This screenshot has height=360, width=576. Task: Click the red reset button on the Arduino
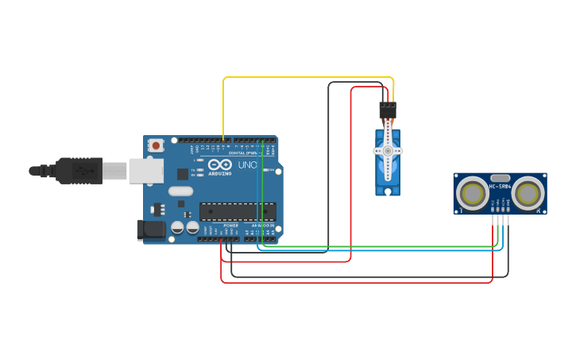(x=157, y=145)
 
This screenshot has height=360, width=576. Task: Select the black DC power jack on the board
(x=150, y=230)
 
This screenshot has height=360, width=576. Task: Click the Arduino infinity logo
(x=220, y=164)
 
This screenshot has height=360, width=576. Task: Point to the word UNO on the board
(x=247, y=165)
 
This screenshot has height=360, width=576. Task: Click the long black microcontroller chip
(x=238, y=211)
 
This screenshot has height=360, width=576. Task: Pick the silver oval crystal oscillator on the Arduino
(x=180, y=191)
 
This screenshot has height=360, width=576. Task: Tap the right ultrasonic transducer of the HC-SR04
(x=528, y=193)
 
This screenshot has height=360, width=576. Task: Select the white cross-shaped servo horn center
(x=388, y=150)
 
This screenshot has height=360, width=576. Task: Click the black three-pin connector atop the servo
(x=388, y=110)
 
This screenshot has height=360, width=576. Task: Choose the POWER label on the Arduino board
(x=230, y=225)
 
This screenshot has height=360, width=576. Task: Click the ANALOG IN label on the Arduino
(x=263, y=225)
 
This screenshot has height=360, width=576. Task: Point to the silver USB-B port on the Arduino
(x=146, y=170)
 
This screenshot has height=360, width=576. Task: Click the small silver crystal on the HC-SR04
(x=501, y=178)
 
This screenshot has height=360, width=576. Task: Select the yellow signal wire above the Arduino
(x=302, y=78)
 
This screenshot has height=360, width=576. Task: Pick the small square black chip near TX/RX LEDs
(x=183, y=173)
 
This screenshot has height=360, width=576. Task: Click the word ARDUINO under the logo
(x=220, y=172)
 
